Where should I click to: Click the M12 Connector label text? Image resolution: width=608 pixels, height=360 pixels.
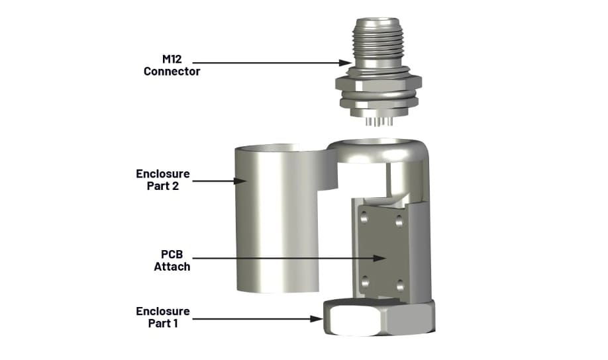click(172, 65)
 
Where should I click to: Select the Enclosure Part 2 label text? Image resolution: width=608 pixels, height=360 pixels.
click(163, 179)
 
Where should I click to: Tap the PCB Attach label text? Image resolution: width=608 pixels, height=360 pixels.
click(172, 261)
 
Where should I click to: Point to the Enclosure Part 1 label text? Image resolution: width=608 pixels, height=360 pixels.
click(163, 317)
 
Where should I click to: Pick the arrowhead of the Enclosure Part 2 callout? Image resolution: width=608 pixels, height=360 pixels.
click(242, 179)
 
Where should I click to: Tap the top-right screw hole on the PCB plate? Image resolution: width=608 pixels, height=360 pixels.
click(399, 220)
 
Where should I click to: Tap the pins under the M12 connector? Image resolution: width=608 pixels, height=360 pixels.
click(376, 122)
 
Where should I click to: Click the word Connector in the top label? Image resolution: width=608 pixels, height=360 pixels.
click(172, 71)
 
